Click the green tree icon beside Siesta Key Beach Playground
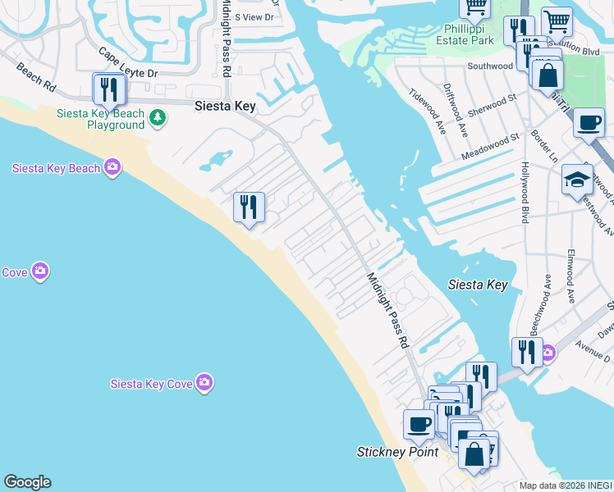[158, 120]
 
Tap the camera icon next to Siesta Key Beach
[112, 168]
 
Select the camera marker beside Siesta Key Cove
[204, 383]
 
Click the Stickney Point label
[398, 452]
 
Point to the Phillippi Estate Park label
[463, 34]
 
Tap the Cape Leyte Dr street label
[127, 64]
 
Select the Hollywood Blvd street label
[523, 193]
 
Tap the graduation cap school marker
[577, 180]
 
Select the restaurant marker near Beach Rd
[108, 89]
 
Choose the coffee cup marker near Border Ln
[589, 123]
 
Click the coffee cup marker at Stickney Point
[419, 425]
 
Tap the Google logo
[27, 482]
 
